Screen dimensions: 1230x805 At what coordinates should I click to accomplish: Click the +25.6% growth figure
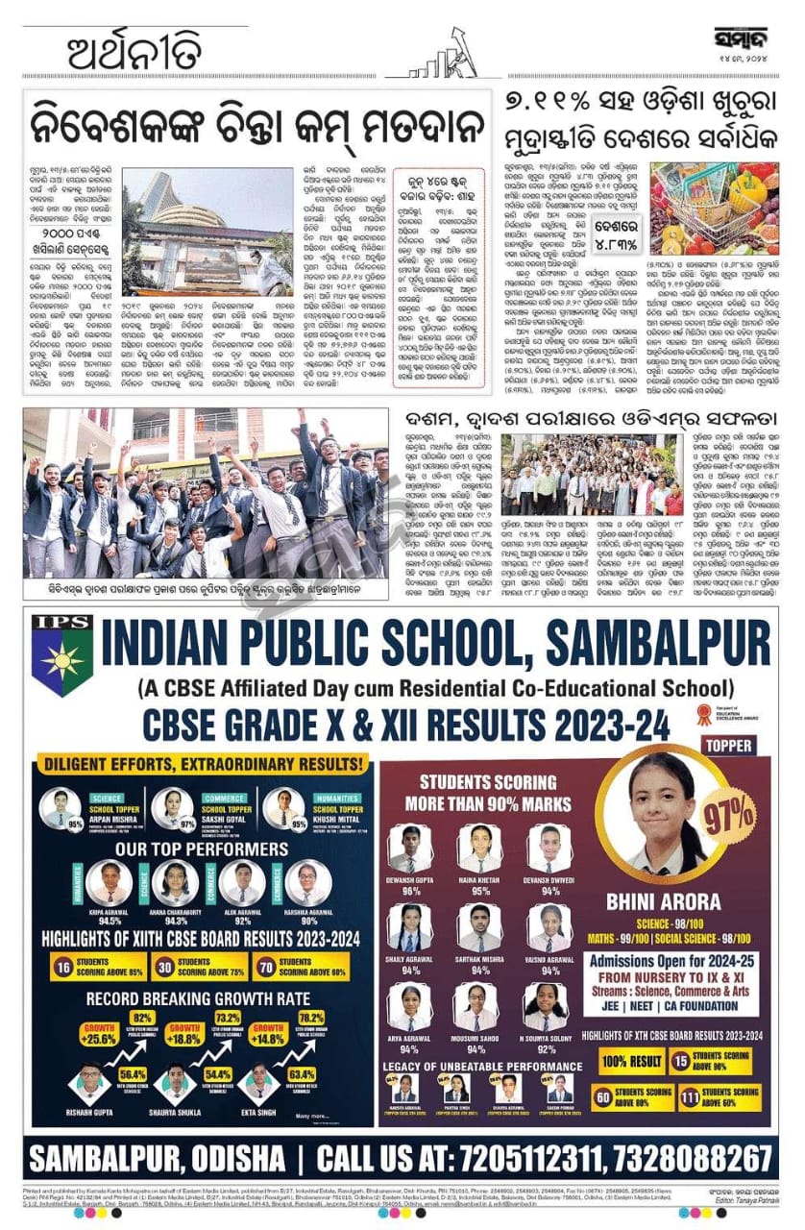pos(100,1039)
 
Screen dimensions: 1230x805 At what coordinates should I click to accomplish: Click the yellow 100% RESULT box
pos(631,1061)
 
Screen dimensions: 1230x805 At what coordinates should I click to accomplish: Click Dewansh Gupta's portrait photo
pos(410,849)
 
